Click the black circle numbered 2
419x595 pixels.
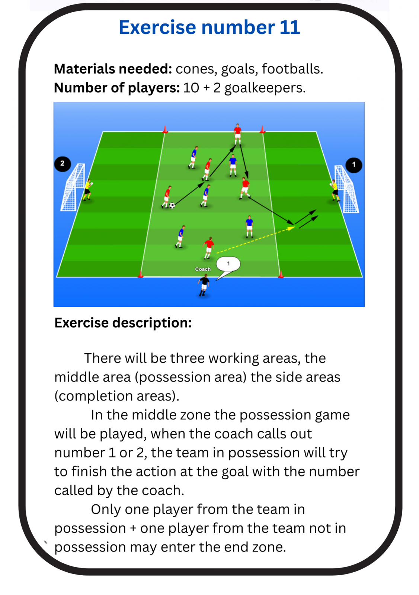(63, 164)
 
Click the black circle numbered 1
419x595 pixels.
(354, 165)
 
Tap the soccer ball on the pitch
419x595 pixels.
(172, 205)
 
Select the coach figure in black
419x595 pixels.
(204, 286)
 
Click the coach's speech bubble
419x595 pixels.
(228, 264)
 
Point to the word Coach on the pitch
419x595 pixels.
(203, 269)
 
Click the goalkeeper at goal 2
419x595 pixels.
(88, 190)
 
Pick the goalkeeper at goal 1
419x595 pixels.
(335, 190)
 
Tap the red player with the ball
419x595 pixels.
(167, 197)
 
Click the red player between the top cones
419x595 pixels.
(237, 134)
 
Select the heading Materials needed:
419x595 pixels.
(113, 69)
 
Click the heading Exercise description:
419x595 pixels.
(123, 323)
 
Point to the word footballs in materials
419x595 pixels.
(292, 69)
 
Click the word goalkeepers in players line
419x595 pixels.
(265, 88)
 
